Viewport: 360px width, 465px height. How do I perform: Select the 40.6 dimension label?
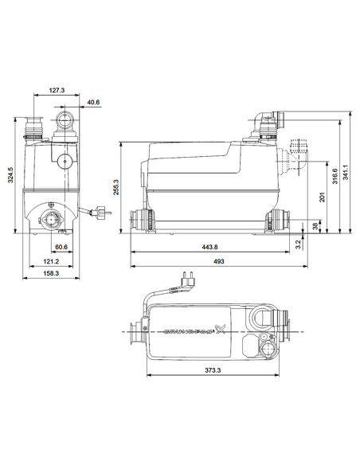tap(95, 101)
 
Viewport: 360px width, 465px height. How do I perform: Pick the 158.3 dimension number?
tap(52, 275)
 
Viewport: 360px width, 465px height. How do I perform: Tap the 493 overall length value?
tap(216, 261)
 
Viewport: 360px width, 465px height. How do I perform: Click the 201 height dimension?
tap(321, 197)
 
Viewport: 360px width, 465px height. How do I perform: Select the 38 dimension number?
tap(315, 226)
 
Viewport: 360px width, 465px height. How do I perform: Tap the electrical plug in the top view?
tap(190, 281)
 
